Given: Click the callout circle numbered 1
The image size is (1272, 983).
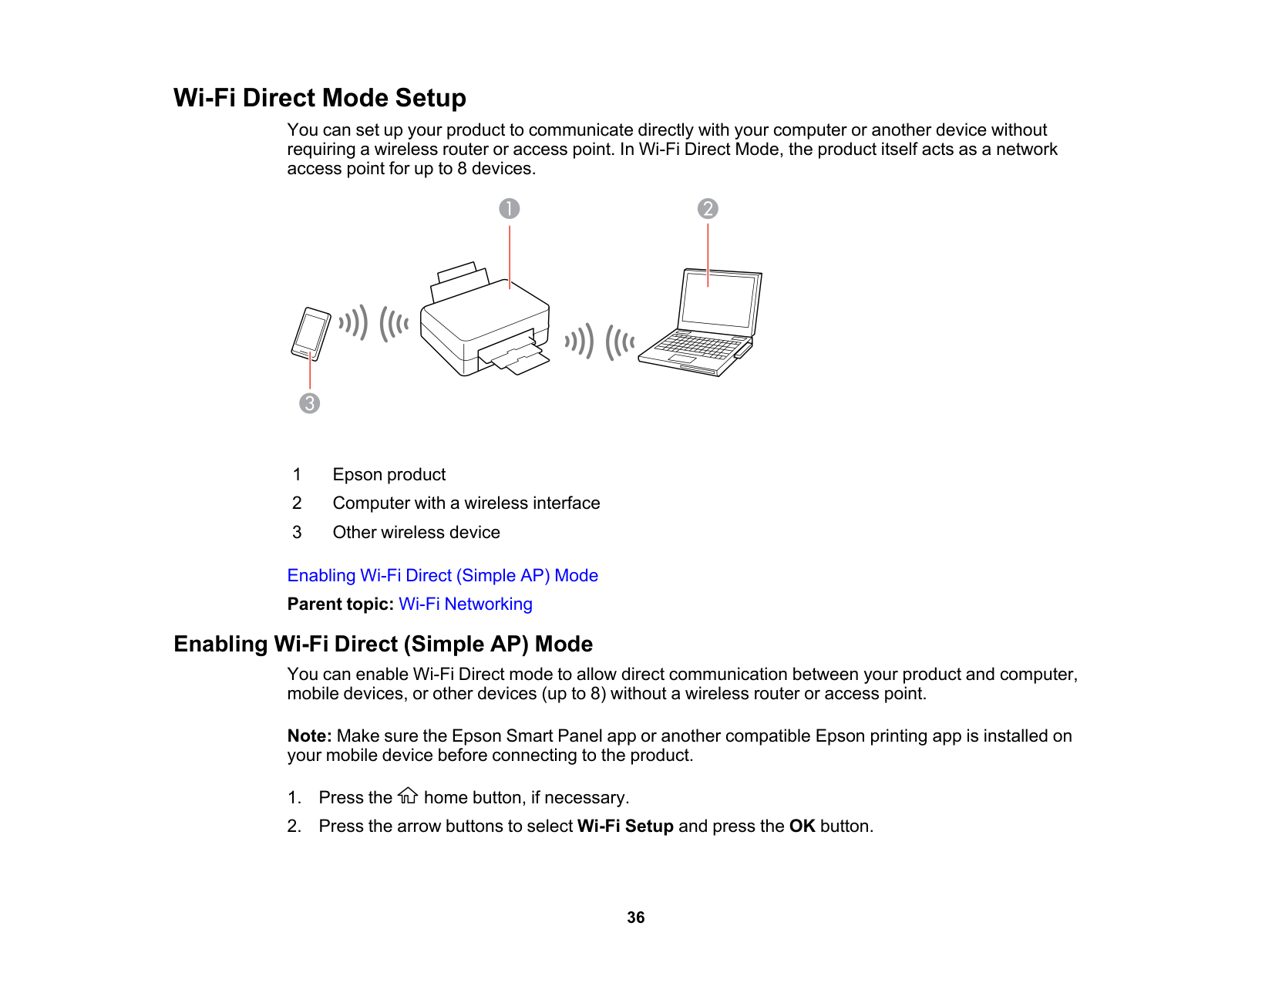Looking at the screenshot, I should [x=509, y=209].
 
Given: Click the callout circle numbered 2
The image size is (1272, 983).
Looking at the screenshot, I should [x=708, y=209].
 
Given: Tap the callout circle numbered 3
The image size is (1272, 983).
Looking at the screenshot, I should [x=309, y=403].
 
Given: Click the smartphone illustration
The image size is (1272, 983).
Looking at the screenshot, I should [x=311, y=333].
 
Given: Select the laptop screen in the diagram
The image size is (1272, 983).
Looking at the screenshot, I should [x=718, y=300].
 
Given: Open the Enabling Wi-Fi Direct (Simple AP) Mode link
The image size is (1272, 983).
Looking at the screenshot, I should [x=443, y=576].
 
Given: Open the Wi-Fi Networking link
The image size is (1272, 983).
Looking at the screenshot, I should [x=465, y=604].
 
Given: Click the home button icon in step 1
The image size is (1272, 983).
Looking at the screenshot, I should [x=408, y=796].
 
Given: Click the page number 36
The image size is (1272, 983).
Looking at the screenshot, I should [x=636, y=917].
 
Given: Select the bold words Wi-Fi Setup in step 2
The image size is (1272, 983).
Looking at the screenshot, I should [x=625, y=826].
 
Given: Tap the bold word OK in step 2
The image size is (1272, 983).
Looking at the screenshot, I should [x=802, y=826].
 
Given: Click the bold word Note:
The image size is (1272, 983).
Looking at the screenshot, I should [x=309, y=736].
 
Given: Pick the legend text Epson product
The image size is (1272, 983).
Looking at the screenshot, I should [x=389, y=475].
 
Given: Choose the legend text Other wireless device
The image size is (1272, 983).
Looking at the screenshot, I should [x=416, y=533].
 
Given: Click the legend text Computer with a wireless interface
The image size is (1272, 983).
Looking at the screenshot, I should [x=466, y=503].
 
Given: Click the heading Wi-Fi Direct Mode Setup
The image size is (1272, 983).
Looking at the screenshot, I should [x=320, y=99].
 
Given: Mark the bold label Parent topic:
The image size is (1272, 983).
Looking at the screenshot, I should [x=340, y=604].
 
